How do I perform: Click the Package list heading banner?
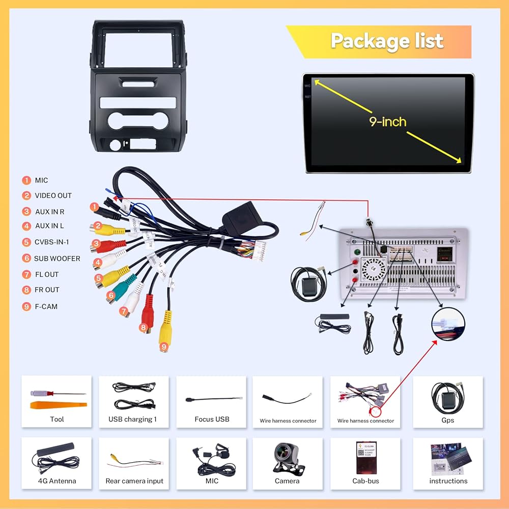(x=387, y=41)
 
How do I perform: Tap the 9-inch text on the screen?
(x=388, y=122)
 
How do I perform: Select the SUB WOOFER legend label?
(x=57, y=259)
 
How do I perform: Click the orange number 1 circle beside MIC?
(x=26, y=180)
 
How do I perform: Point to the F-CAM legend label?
(x=46, y=306)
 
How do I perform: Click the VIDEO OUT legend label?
(x=53, y=195)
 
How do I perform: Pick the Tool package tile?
(x=56, y=401)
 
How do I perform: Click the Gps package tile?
(x=447, y=401)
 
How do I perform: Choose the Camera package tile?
(x=287, y=462)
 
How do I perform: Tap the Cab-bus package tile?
(x=365, y=462)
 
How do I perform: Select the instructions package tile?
(x=447, y=462)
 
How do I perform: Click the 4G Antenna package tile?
(x=56, y=462)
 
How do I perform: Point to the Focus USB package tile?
(x=211, y=401)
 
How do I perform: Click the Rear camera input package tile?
(x=134, y=462)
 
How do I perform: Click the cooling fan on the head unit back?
(x=373, y=267)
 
